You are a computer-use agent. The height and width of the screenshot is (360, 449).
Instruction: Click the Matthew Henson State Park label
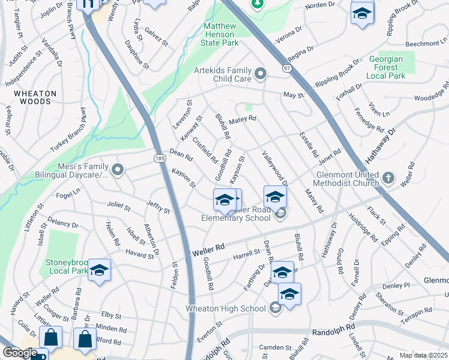[x=221, y=34]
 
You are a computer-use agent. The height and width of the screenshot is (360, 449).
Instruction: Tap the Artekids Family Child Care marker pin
[x=261, y=74]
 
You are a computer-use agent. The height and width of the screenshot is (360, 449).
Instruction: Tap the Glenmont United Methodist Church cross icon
[x=388, y=178]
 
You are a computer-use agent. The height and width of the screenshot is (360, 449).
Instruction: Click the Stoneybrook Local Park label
[x=67, y=266]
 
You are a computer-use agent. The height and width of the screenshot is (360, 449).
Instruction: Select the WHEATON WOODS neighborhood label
[x=35, y=97]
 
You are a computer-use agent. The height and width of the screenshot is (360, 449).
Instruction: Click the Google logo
[x=20, y=353]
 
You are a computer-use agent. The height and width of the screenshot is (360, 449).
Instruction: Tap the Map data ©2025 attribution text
[x=423, y=355]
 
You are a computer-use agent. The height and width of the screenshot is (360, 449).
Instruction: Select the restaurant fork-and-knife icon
[x=89, y=5]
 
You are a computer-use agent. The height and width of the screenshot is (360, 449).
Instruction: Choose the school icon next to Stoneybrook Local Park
[x=99, y=269]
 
